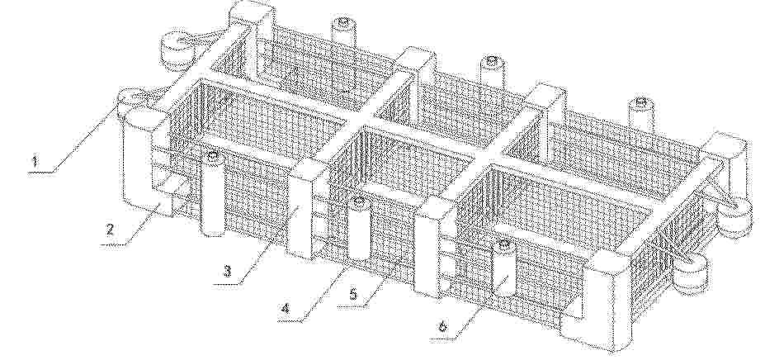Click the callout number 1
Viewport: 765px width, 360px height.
34,161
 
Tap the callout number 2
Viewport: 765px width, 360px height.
111,229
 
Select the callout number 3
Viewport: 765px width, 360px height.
227,271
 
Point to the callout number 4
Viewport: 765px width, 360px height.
286,308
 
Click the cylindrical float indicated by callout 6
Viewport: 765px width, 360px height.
504,268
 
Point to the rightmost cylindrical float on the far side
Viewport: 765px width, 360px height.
640,114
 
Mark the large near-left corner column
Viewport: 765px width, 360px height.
141,161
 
